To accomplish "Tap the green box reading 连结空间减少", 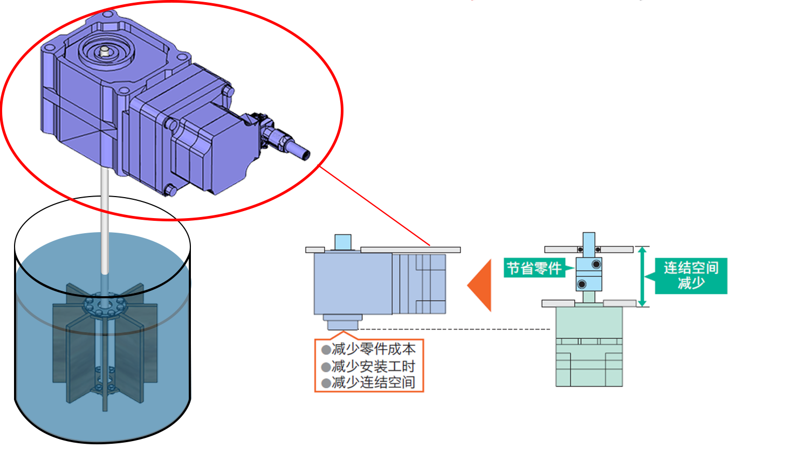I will pos(691,275).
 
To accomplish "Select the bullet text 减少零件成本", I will pos(373,349).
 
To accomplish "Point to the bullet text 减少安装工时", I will pos(373,366).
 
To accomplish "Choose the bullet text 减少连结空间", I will pos(373,382).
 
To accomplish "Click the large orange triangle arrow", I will pos(481,285).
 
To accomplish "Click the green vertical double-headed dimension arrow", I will pos(642,276).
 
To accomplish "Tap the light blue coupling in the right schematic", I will pos(589,274).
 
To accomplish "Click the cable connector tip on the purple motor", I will pos(303,153).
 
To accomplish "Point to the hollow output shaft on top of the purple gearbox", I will pos(105,51).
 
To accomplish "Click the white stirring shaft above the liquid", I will pos(105,215).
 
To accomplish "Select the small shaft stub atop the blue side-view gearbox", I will pos(342,242).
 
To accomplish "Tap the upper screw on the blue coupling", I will pos(596,264).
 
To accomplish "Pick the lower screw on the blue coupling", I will pos(582,284).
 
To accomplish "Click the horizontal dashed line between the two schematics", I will pos(453,329).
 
